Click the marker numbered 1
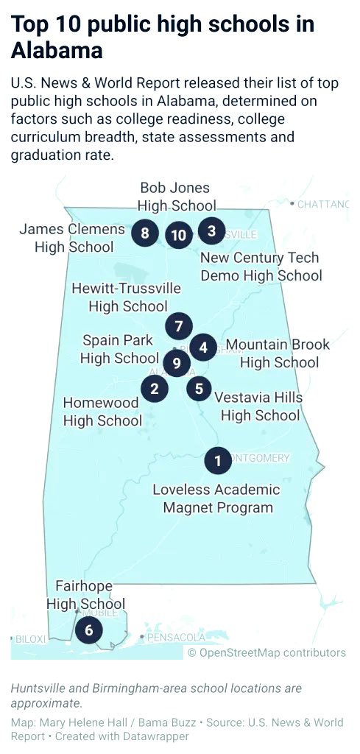click(x=217, y=461)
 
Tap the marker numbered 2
click(x=154, y=387)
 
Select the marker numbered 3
click(x=211, y=231)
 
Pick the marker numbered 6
click(x=89, y=630)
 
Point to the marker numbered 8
click(x=145, y=234)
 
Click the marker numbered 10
click(x=178, y=235)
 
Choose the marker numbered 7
click(x=179, y=325)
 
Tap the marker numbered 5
click(x=199, y=387)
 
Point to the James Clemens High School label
click(x=71, y=238)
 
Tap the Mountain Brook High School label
click(x=278, y=353)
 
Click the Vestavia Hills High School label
click(x=259, y=406)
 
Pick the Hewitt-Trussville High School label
click(x=127, y=297)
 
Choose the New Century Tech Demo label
click(x=261, y=267)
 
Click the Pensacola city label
click(x=177, y=637)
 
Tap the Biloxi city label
click(x=30, y=638)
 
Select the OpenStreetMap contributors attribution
click(x=267, y=652)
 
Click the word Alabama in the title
click(x=57, y=50)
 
